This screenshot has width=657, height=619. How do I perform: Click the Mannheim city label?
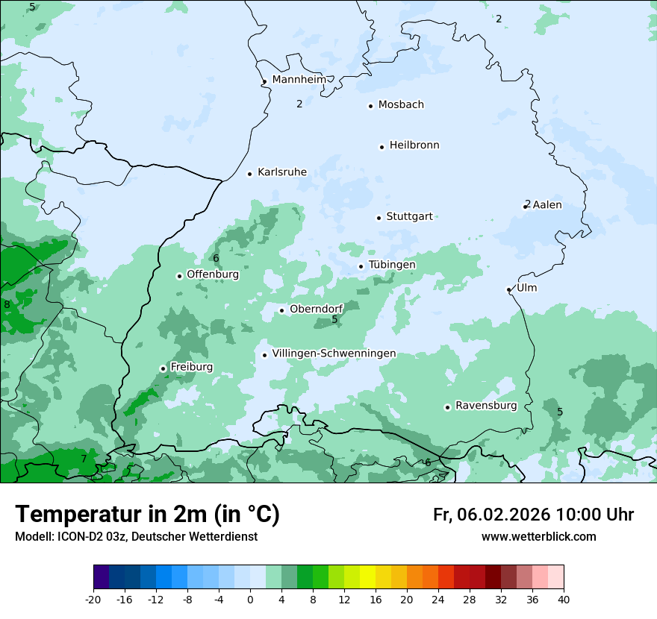[x=299, y=80]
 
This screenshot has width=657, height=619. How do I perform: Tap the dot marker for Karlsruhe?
[x=250, y=174]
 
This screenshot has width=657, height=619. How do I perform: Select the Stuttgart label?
[x=409, y=217]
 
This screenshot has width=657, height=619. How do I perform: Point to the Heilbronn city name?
[x=414, y=145]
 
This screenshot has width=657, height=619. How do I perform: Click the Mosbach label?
[x=401, y=105]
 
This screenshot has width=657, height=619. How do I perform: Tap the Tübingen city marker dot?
[x=361, y=266]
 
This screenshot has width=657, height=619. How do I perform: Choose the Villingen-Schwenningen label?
[x=334, y=354]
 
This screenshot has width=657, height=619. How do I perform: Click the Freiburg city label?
[x=191, y=367]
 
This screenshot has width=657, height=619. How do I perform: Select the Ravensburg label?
[x=486, y=406]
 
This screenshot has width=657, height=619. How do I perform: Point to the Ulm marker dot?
[x=509, y=289]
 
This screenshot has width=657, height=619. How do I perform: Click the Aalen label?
[x=547, y=205]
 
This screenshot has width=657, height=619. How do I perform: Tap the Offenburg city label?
[x=213, y=274]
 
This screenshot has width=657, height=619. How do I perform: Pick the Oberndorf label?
[x=317, y=309]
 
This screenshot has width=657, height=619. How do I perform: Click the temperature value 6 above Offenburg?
[x=216, y=259]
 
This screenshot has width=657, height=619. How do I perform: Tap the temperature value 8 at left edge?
[x=7, y=304]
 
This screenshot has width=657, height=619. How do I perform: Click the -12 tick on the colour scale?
[x=155, y=600]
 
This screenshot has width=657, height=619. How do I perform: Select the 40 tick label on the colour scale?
[x=563, y=600]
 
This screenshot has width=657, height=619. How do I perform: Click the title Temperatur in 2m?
[x=147, y=515]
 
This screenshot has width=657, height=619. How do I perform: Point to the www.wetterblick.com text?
[x=538, y=537]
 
